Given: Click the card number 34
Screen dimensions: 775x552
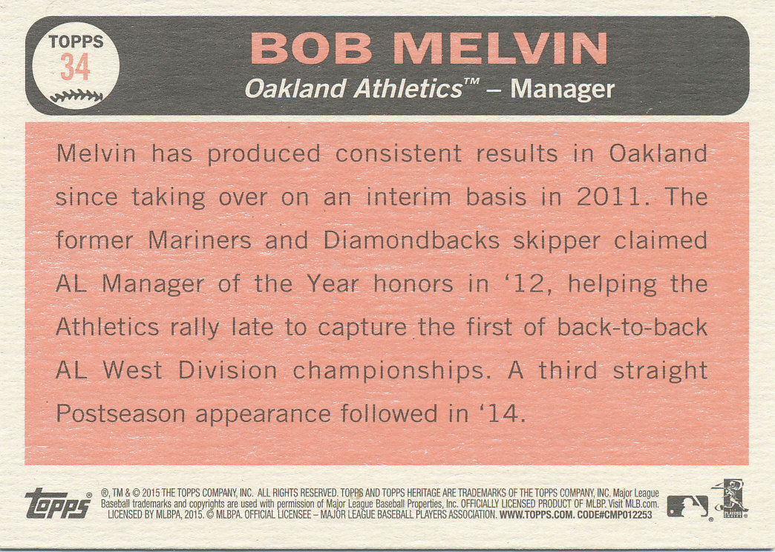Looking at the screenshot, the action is (x=75, y=67).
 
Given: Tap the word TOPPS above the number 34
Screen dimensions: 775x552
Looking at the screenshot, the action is (x=76, y=42).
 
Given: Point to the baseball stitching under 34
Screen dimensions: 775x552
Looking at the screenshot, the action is (x=76, y=96).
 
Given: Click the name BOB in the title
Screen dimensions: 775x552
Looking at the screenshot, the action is (x=311, y=48).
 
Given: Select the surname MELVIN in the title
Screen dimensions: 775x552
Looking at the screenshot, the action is (x=500, y=48).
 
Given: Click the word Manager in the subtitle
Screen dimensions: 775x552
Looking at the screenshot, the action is (x=563, y=90).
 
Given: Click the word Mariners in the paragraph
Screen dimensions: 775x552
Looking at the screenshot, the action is (x=200, y=240).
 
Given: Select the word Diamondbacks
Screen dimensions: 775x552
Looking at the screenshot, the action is (x=412, y=240).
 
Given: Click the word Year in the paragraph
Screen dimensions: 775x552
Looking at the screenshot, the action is (x=332, y=283).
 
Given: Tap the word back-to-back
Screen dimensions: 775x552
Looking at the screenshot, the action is (x=632, y=327).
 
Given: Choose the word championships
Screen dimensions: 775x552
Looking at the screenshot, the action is (x=389, y=372).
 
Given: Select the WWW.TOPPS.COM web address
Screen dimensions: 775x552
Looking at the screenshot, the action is (x=537, y=515).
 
